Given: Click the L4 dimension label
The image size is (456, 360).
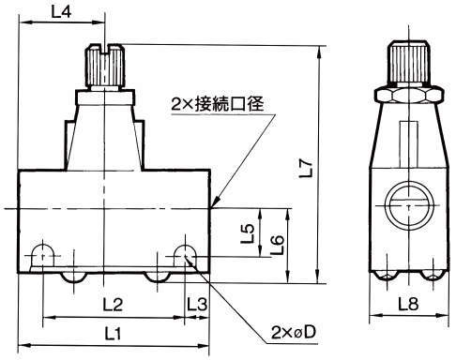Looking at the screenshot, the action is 61,11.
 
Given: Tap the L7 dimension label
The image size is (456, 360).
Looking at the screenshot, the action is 306,168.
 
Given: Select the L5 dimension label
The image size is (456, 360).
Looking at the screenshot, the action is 248,233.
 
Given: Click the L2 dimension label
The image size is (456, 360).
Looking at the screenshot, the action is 113,305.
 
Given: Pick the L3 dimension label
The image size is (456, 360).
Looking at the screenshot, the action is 197,305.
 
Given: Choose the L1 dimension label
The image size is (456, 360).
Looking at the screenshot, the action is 113,334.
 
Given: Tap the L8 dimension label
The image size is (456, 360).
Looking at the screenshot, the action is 408,304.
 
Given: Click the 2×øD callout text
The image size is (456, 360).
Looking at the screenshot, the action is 294,333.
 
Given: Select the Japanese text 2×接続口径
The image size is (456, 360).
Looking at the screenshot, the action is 218,104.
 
